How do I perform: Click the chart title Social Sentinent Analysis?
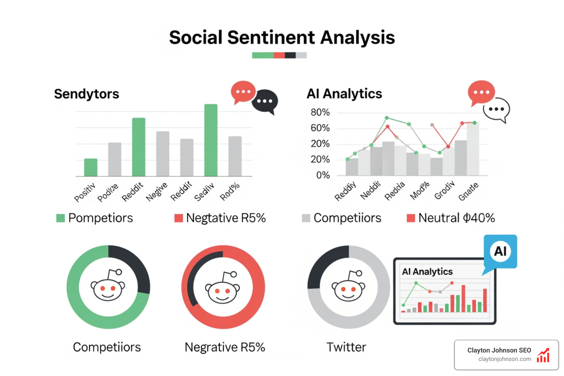point(282,37)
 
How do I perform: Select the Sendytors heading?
point(87,94)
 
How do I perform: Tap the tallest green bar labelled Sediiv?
point(211,140)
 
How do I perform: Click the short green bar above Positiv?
point(91,167)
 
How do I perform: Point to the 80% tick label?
point(320,112)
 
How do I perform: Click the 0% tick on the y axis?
point(323,175)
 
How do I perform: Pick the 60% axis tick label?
point(320,128)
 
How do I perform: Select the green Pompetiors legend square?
point(60,218)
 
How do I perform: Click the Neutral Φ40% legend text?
point(456,218)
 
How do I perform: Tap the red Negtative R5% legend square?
point(178,218)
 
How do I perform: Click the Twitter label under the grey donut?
point(346,347)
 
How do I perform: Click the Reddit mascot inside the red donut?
point(223,289)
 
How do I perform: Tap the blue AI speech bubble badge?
point(500,252)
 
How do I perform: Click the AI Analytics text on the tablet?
point(427,272)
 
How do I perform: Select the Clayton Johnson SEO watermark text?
point(499,350)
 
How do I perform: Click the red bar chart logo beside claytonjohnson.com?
point(543,355)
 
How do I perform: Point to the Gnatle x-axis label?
point(469,192)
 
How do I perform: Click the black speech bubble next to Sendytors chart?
point(265,101)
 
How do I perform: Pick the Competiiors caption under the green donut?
point(107,347)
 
